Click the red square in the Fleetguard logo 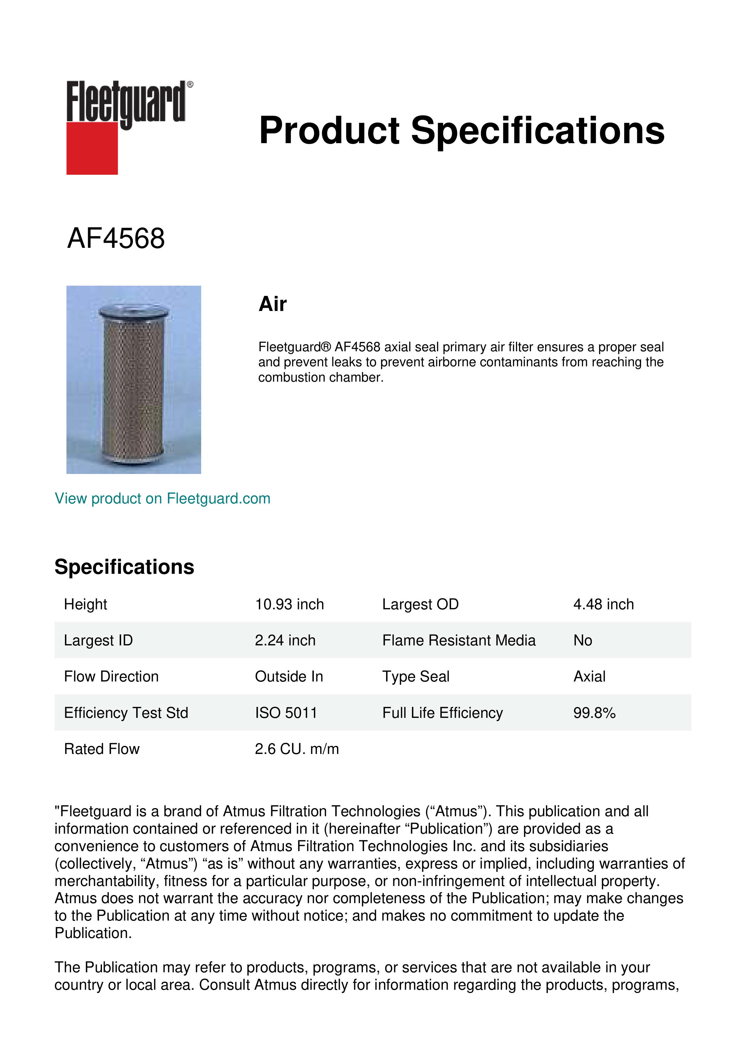click(92, 148)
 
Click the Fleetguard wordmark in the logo click(126, 102)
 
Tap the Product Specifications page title click(461, 131)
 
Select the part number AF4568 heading click(116, 238)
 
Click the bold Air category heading click(272, 304)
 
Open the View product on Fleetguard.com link click(162, 499)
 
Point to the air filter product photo click(134, 380)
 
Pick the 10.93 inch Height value click(289, 604)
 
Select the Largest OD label click(420, 604)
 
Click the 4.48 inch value click(603, 604)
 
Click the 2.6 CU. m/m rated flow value click(297, 749)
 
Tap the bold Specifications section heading click(124, 567)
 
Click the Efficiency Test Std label click(126, 713)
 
